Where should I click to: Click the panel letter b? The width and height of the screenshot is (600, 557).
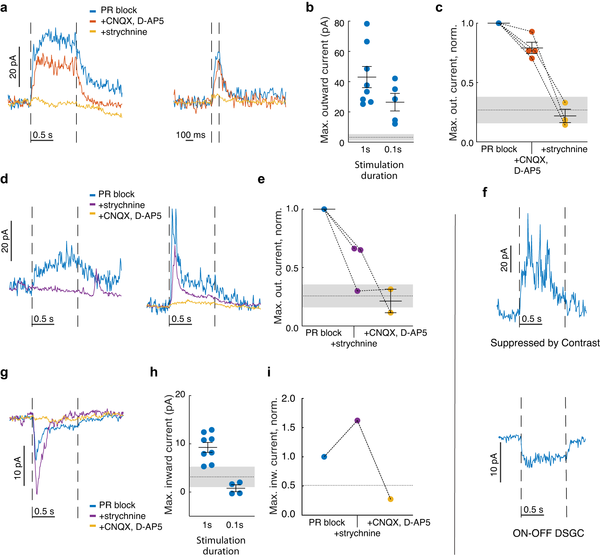pos(310,8)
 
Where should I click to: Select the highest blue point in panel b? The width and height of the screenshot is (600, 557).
pos(367,24)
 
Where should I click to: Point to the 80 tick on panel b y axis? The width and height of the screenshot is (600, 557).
pos(339,23)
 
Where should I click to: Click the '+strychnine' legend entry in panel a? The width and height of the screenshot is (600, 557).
pos(123,32)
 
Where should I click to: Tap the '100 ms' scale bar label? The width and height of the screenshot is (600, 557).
pos(191,135)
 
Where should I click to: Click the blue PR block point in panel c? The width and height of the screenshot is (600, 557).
pos(499,23)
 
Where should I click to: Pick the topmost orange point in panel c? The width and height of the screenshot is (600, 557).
pos(532,32)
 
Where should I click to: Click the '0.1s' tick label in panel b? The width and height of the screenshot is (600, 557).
pos(393,149)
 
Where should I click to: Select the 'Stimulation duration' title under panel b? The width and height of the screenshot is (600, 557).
pos(379,170)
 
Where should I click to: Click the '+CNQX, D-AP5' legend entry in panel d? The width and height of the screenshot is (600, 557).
pos(130,216)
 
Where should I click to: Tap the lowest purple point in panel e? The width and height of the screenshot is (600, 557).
pos(357,291)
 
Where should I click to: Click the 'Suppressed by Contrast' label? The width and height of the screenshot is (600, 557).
pos(545,343)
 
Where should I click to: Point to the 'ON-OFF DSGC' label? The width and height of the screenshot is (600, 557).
pos(548,533)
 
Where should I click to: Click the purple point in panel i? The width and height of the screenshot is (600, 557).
pos(357,420)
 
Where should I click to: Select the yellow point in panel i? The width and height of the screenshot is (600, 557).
pos(391,499)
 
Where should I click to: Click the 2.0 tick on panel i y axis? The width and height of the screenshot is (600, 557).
pos(288,398)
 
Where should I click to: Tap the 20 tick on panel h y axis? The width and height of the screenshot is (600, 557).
pos(180,394)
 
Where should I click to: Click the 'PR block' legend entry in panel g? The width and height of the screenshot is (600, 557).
pos(117,505)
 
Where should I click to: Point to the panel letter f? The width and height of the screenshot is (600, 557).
pos(484,192)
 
